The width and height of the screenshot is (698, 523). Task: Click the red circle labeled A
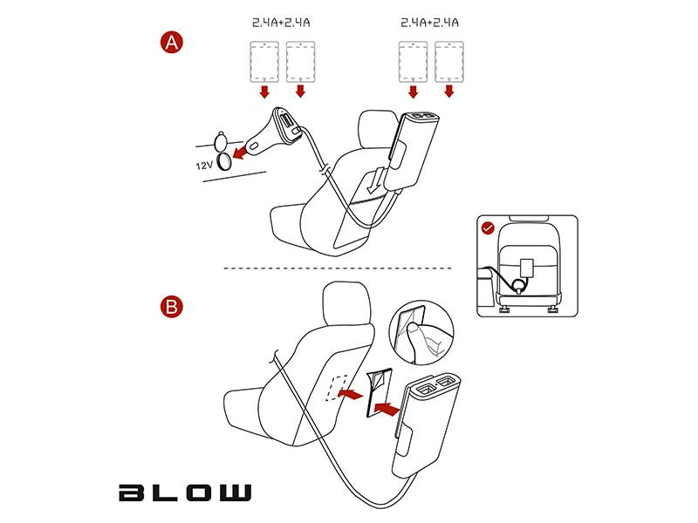click(171, 43)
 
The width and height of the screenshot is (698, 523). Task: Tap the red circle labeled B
click(171, 307)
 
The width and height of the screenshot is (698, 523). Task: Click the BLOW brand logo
click(185, 492)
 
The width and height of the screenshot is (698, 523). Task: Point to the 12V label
click(204, 166)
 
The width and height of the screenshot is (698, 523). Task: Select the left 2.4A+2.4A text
click(281, 23)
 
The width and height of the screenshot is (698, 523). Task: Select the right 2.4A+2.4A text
click(429, 23)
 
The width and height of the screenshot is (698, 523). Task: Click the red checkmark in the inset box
click(489, 228)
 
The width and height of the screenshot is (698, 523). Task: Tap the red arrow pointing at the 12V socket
click(241, 152)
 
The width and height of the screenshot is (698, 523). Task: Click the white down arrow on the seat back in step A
click(375, 180)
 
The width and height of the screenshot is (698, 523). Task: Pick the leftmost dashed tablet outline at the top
click(264, 62)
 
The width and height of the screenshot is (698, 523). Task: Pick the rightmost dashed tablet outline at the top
click(449, 62)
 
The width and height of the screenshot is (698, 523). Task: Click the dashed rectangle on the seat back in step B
click(338, 388)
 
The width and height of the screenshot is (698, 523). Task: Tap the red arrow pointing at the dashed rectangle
click(351, 394)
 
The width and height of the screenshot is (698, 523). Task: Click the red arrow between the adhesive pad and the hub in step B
click(387, 409)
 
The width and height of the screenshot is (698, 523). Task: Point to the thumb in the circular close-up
click(414, 340)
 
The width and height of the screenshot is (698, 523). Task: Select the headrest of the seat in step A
click(379, 129)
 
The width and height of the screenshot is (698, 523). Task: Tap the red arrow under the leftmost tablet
click(264, 92)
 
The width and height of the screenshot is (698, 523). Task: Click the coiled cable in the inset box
click(517, 285)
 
